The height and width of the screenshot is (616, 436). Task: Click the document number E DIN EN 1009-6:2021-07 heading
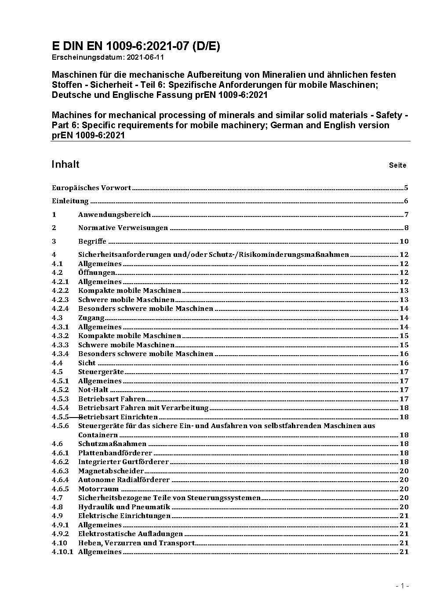tap(136, 46)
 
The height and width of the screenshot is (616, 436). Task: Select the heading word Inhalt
tap(65, 164)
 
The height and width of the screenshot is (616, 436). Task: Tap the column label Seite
tap(397, 166)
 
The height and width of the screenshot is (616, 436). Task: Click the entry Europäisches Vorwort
tap(91, 188)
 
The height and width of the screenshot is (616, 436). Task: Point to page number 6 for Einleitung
tap(406, 202)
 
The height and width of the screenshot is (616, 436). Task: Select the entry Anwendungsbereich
tap(114, 215)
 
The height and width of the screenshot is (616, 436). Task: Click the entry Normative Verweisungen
tap(123, 228)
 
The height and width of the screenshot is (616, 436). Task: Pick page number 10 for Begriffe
tap(403, 241)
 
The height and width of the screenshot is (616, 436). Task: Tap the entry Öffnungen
tap(97, 273)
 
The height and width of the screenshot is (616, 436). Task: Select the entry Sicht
tap(87, 363)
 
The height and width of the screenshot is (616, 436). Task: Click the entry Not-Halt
tap(93, 390)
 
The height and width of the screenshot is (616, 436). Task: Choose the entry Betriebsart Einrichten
tap(118, 417)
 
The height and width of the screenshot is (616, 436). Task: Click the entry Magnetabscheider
tap(111, 471)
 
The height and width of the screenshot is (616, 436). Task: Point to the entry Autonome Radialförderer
tap(124, 480)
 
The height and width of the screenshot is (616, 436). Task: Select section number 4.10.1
tap(62, 552)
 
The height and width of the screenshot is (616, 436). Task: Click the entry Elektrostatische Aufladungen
tap(131, 534)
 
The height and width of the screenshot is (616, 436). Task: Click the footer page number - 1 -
tap(402, 586)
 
